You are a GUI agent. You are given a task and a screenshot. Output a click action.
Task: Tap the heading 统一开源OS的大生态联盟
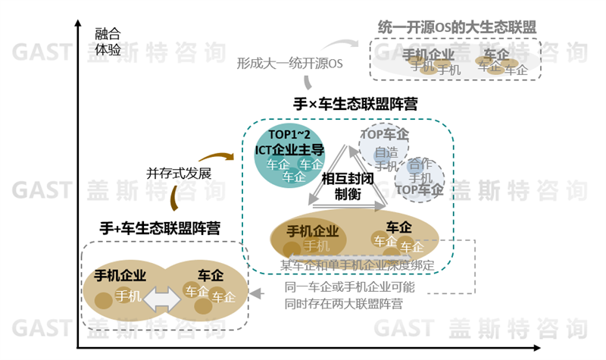pyautogui.click(x=453, y=27)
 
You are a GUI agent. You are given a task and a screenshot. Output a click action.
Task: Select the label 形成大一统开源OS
pyautogui.click(x=289, y=64)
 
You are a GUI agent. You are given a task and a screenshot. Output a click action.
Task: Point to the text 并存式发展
pyautogui.click(x=178, y=172)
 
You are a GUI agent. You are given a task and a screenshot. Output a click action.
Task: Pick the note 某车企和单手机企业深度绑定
pyautogui.click(x=358, y=265)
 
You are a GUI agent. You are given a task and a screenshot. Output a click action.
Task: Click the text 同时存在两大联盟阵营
pyautogui.click(x=343, y=304)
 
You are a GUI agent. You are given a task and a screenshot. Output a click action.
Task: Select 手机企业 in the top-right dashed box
pyautogui.click(x=428, y=55)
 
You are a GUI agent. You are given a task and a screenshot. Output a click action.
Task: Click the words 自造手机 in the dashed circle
pyautogui.click(x=386, y=158)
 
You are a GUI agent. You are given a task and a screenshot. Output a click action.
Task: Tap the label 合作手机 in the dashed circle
pyautogui.click(x=420, y=171)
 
